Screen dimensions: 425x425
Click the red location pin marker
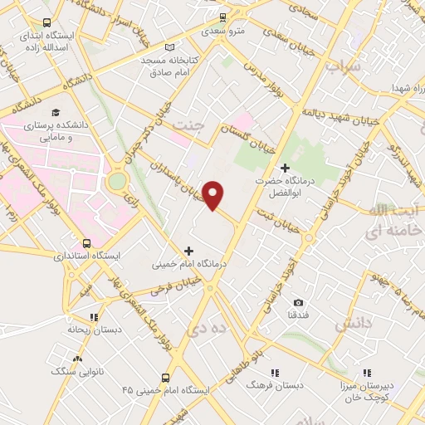click(214, 195)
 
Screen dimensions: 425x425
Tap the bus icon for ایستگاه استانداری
click(87, 243)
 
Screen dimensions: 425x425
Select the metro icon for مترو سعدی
click(222, 16)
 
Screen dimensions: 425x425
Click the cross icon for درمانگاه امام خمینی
click(189, 250)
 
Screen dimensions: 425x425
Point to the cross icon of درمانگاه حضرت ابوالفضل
click(285, 169)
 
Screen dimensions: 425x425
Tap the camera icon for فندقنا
click(299, 302)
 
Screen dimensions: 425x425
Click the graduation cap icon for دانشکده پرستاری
click(56, 112)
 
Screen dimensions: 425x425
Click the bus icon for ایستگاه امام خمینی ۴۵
click(166, 376)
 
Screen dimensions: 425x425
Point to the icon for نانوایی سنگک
click(78, 359)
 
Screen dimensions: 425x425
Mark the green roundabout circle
click(117, 180)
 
